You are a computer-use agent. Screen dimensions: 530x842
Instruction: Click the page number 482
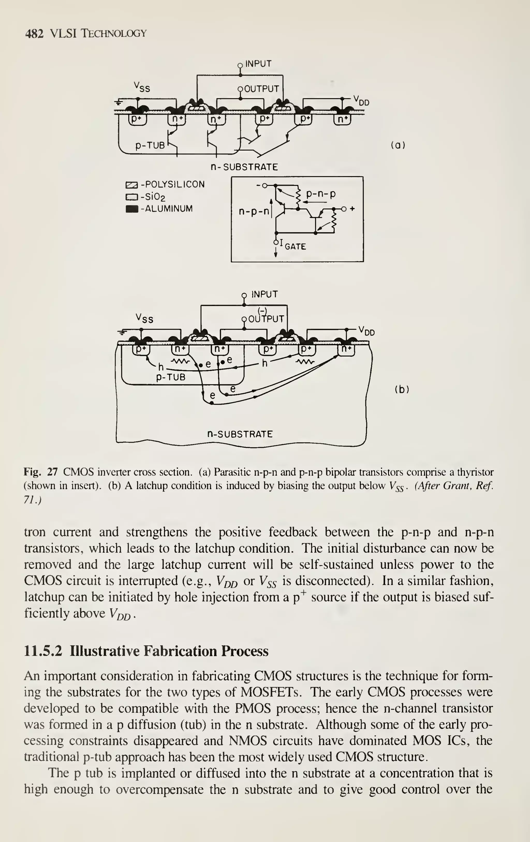(34, 34)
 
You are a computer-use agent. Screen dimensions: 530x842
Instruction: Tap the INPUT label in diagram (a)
(258, 64)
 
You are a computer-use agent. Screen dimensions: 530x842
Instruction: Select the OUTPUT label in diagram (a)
(261, 89)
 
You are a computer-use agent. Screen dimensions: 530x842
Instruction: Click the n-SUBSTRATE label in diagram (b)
(240, 434)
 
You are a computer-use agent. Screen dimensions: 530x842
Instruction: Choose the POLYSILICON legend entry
(173, 184)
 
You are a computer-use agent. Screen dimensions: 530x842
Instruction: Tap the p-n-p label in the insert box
(321, 194)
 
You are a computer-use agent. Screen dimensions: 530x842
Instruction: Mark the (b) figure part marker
(402, 389)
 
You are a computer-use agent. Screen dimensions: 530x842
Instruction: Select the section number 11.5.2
(43, 651)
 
